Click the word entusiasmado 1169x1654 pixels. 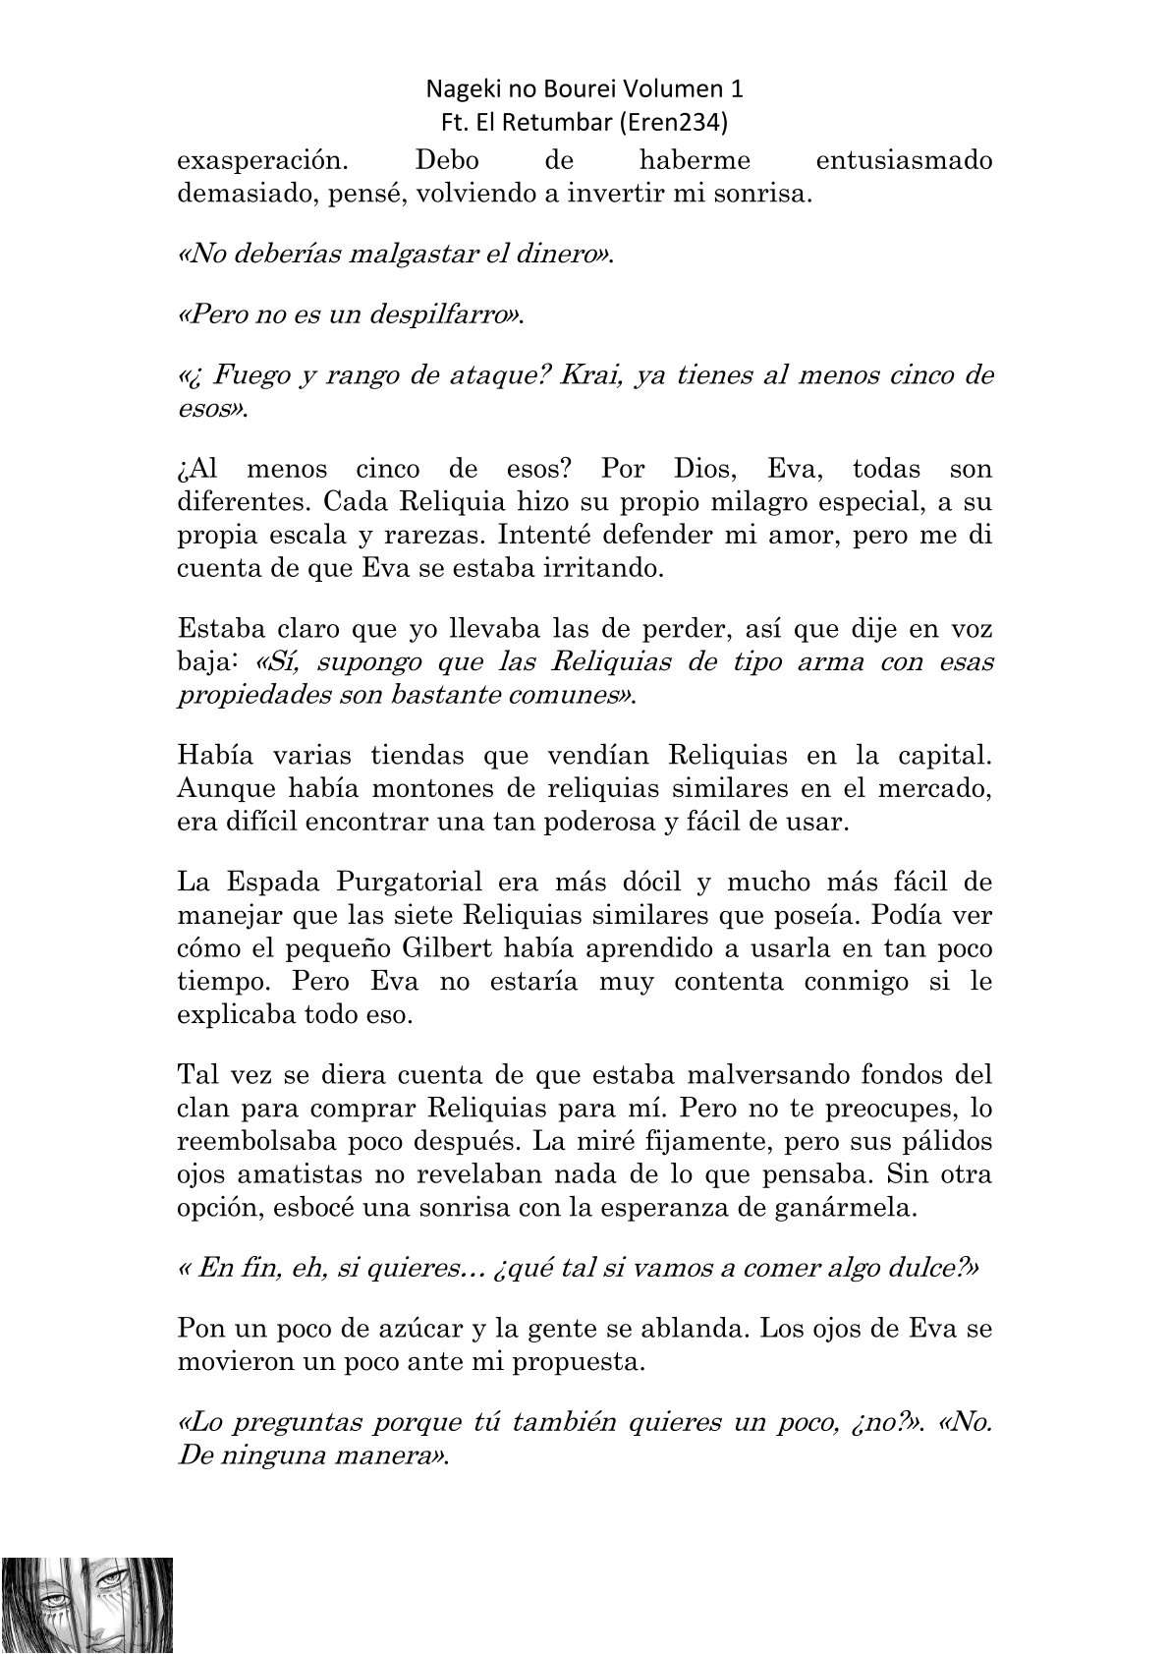click(x=904, y=160)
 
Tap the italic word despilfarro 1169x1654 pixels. click(x=434, y=315)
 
